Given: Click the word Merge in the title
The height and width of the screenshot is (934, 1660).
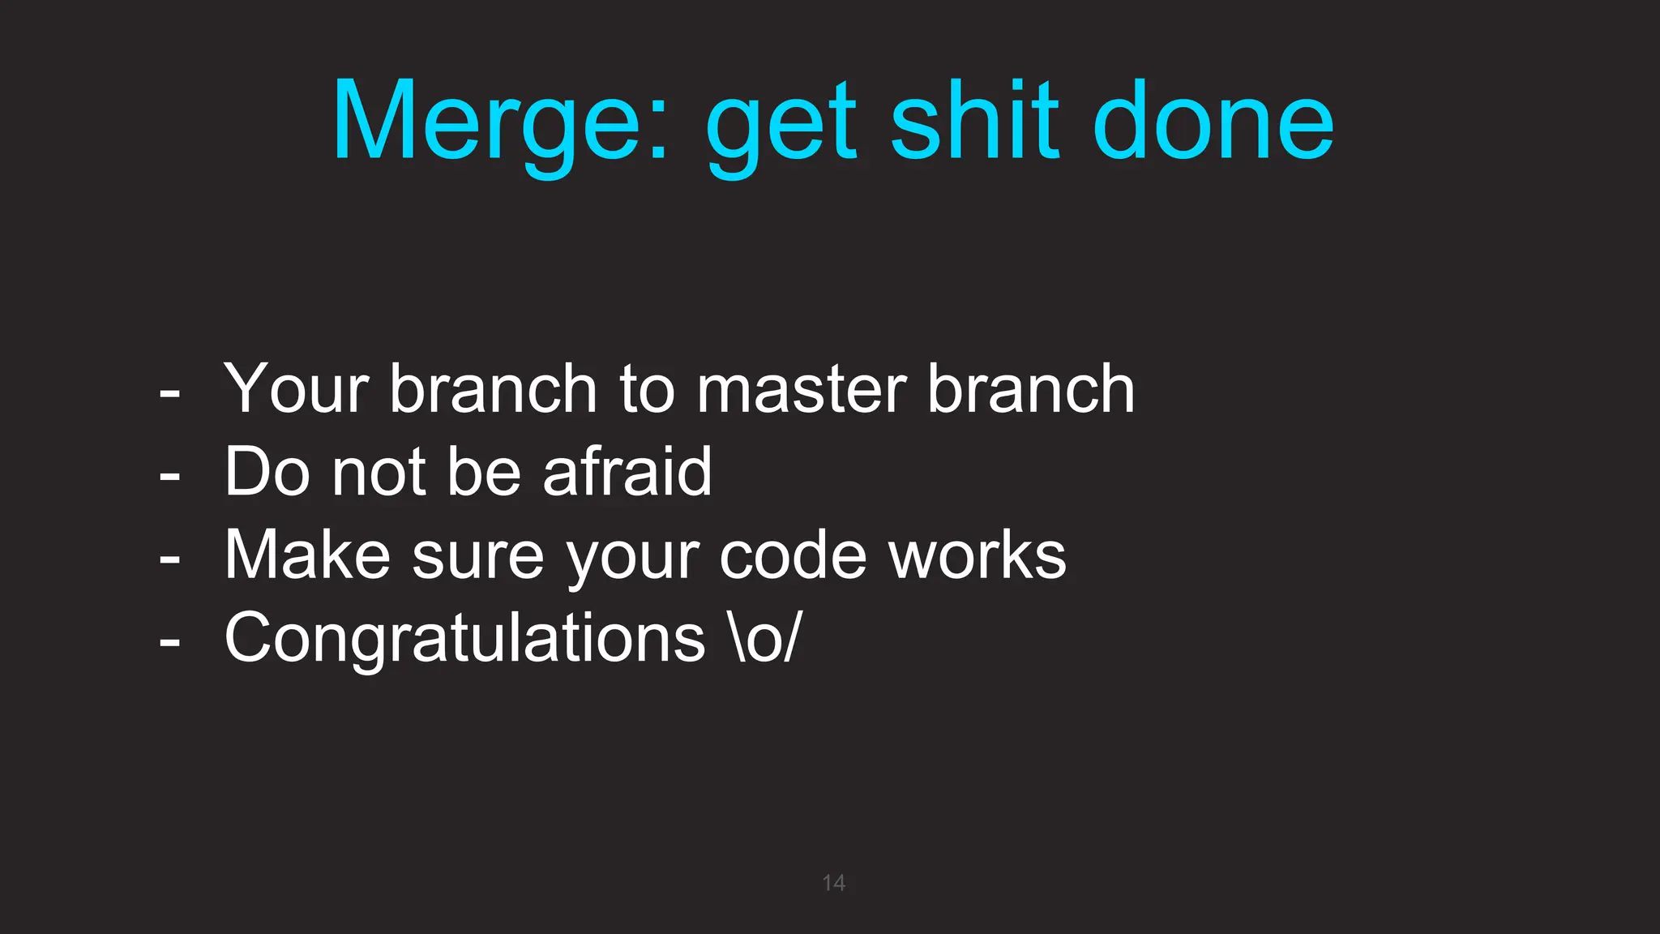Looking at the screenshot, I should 501,122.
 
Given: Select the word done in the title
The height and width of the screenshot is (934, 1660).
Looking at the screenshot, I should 1213,122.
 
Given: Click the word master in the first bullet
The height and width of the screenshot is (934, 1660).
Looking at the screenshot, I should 802,390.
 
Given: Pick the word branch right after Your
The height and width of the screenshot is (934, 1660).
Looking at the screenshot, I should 494,388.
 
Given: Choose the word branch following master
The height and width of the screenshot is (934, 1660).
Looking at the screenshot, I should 1030,388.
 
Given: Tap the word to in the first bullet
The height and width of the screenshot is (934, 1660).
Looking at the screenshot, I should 647,390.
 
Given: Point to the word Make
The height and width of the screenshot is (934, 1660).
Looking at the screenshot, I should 308,555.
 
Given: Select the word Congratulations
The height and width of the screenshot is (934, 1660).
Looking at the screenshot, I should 464,639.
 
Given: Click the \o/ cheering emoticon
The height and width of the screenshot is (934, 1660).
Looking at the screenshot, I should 765,639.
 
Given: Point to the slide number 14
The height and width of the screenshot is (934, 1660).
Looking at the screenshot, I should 833,883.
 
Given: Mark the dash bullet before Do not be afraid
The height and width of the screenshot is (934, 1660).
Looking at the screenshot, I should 169,475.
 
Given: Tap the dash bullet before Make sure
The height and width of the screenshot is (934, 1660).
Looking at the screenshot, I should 169,559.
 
